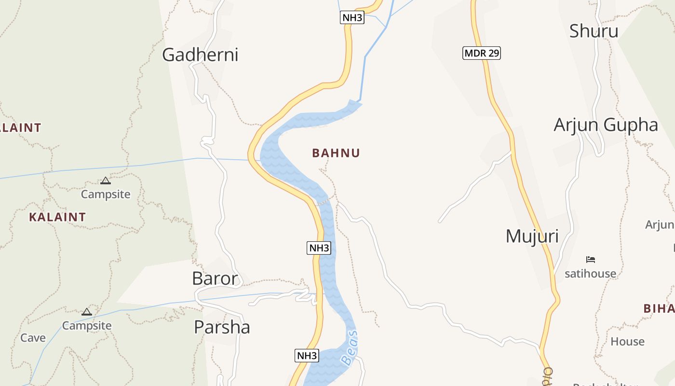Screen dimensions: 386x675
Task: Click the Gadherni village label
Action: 200,55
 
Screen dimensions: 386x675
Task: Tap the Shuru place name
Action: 594,31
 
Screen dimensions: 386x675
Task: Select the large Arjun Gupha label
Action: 606,125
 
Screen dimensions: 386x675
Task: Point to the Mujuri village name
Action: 532,236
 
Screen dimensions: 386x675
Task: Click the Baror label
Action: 215,278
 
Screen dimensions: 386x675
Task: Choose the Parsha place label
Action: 222,327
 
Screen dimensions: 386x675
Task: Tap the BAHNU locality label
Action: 336,153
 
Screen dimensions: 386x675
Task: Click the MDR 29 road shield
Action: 482,53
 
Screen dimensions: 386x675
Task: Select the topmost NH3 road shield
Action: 352,18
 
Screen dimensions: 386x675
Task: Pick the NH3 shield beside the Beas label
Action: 307,356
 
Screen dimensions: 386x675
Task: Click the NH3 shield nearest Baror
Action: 319,248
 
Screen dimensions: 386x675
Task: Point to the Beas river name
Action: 350,347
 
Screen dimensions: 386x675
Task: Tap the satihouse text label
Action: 590,274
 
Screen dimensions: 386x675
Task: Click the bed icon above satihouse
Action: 591,260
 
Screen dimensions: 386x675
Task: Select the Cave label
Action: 33,338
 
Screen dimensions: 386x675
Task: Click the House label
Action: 627,342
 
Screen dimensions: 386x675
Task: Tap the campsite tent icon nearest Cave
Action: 87,312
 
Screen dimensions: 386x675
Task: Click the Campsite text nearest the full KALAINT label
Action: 106,194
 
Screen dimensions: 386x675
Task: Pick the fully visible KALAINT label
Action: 57,217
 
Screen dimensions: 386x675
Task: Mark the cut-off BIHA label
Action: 659,309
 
